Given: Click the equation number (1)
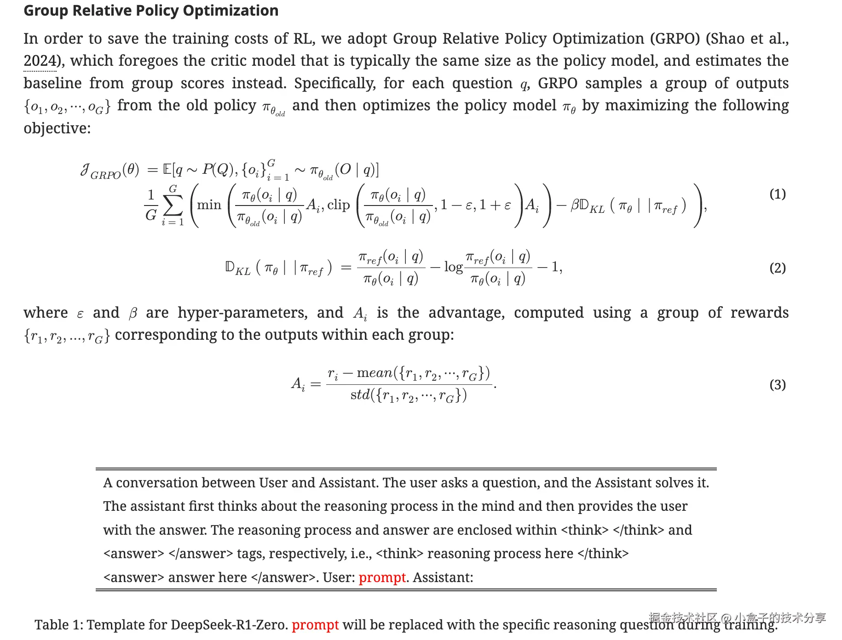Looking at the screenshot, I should (778, 194).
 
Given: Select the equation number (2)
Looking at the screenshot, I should (778, 268).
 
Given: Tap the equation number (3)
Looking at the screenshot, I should (778, 384).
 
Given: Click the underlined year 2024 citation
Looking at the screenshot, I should (40, 61).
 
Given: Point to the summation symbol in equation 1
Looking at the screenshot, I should (173, 206).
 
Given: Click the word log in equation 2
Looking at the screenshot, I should (453, 267).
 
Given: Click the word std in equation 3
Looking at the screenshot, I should (360, 395).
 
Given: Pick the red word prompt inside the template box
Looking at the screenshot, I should (382, 577).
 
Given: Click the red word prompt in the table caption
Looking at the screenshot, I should (315, 625).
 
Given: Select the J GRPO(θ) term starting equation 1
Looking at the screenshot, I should (110, 171).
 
